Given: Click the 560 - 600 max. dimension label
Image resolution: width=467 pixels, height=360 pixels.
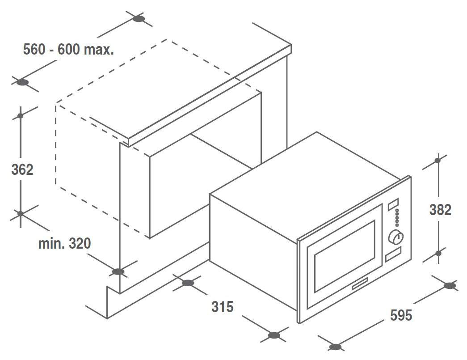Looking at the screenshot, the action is tap(68, 49).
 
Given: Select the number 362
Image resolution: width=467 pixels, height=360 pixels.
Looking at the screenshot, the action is tap(22, 169).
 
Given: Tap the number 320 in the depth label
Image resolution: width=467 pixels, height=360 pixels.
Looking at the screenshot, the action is tap(80, 243).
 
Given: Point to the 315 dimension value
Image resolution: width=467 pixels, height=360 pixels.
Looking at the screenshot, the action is tap(222, 306).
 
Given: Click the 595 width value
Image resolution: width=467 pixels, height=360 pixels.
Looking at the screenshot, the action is tap(401, 315).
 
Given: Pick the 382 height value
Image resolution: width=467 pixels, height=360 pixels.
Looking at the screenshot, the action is tap(440, 210).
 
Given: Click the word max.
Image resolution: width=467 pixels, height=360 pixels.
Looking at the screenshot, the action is tap(99, 50).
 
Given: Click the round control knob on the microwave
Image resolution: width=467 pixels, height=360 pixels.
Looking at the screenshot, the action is tap(396, 237).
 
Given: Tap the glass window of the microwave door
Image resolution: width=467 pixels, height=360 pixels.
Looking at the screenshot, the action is tap(345, 256).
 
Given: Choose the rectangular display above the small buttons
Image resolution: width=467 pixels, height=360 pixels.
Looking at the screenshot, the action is tap(393, 204).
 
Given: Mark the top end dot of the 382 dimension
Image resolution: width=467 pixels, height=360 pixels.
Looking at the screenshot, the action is tap(438, 161).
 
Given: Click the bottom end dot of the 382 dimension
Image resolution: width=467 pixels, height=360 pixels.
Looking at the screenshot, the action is tap(438, 253).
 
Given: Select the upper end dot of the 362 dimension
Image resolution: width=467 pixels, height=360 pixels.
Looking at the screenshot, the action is tap(20, 116).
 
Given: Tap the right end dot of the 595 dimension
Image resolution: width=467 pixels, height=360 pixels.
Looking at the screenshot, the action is tap(450, 286).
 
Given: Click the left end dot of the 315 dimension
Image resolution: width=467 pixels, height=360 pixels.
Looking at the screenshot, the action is tap(188, 283).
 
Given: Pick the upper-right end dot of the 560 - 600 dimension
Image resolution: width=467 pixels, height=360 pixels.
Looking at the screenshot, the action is tap(139, 19).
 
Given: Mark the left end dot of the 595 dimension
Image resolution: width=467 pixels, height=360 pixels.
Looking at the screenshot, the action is tap(335, 347).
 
